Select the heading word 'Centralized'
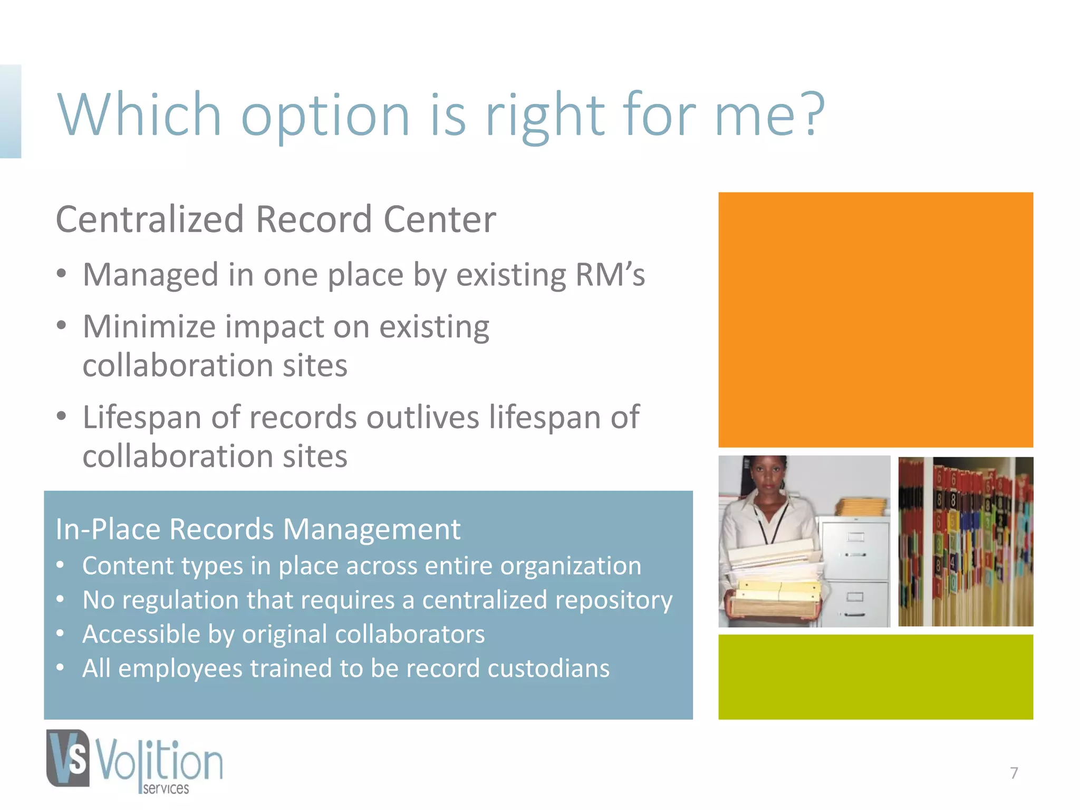pyautogui.click(x=150, y=219)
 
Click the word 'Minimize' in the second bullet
pyautogui.click(x=149, y=326)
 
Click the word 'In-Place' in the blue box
pyautogui.click(x=107, y=529)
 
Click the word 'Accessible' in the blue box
pyautogui.click(x=140, y=634)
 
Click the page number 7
pyautogui.click(x=1014, y=773)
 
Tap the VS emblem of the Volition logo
pyautogui.click(x=68, y=758)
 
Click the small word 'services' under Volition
pyautogui.click(x=166, y=788)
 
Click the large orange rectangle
pyautogui.click(x=875, y=320)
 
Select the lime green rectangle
pyautogui.click(x=875, y=677)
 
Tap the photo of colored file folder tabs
pyautogui.click(x=966, y=542)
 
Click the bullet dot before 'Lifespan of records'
pyautogui.click(x=62, y=417)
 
